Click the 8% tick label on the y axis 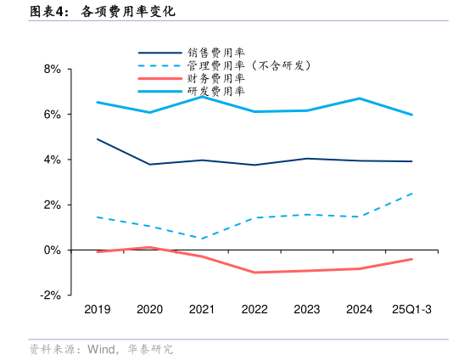(52, 69)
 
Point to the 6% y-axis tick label (52, 114)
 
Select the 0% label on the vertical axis (52, 250)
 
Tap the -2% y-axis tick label (50, 295)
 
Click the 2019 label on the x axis (98, 310)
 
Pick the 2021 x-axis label (202, 310)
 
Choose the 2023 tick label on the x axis (307, 310)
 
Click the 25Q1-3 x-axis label (411, 310)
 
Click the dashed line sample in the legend (159, 65)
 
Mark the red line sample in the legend (159, 78)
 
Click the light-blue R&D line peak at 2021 (202, 97)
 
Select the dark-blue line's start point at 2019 (98, 138)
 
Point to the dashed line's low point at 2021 (202, 239)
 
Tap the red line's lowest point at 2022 (254, 273)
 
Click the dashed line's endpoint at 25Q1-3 (412, 194)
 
